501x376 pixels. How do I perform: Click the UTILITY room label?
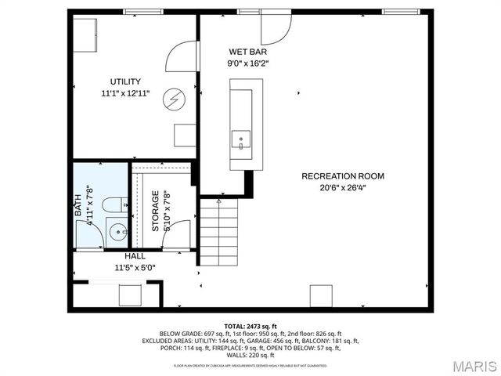click(x=125, y=81)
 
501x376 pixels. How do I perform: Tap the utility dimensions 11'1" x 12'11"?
click(x=125, y=93)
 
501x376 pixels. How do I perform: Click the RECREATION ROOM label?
click(x=343, y=176)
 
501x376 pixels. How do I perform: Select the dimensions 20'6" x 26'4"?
click(x=343, y=188)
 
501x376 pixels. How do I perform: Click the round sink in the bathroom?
click(x=117, y=231)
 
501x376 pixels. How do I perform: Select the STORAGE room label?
click(x=156, y=210)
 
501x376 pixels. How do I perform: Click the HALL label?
click(x=135, y=256)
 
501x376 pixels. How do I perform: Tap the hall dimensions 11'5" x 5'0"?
click(x=135, y=267)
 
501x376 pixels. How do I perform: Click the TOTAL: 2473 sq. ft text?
click(x=250, y=325)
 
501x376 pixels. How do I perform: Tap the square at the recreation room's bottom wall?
click(x=321, y=296)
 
